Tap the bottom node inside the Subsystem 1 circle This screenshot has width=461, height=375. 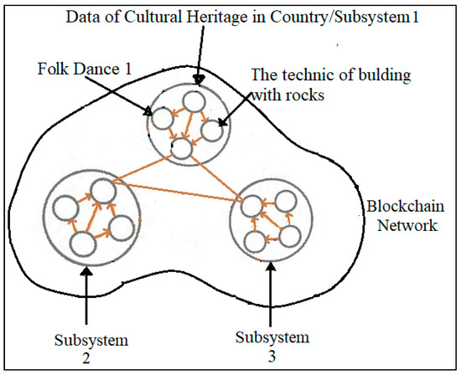tap(181, 150)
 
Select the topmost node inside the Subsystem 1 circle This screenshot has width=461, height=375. tap(194, 101)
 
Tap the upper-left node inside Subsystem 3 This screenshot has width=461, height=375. tap(251, 206)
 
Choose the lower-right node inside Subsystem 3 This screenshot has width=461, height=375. tap(289, 237)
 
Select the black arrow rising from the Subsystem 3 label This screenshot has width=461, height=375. tap(270, 297)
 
